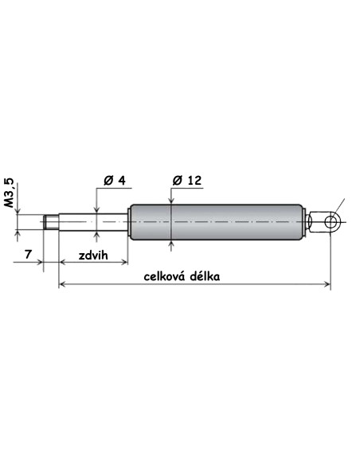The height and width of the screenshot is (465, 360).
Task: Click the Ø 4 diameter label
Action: pos(115,180)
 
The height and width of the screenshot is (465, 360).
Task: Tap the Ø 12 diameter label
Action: pos(187,180)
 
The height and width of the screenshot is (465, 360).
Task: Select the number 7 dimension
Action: pos(28,254)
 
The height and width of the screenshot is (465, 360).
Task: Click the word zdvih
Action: pos(93,256)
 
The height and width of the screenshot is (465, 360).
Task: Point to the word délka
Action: pos(205,276)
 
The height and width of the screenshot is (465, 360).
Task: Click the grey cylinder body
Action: pos(217,222)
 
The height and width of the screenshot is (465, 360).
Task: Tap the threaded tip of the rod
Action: pos(51,222)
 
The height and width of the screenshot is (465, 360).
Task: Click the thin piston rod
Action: pos(93,222)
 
